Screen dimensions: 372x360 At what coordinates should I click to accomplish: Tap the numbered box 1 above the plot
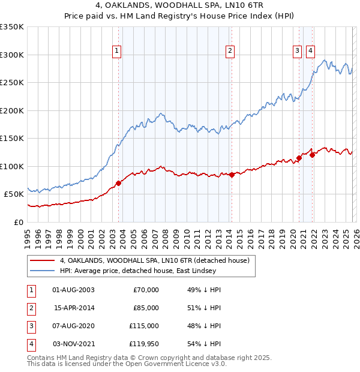[x=116, y=51]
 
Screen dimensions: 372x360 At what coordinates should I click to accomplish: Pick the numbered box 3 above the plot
[x=297, y=51]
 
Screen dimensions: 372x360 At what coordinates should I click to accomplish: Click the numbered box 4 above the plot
[x=310, y=51]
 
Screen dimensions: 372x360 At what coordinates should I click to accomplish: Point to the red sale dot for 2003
[x=118, y=183]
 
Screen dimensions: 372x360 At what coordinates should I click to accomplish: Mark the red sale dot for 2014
[x=232, y=175]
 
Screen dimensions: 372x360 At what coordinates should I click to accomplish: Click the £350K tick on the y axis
[x=12, y=27]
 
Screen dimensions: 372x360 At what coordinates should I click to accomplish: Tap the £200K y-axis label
[x=12, y=110]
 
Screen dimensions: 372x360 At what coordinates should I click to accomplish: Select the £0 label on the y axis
[x=19, y=222]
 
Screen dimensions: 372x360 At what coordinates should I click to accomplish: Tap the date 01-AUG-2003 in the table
[x=73, y=290]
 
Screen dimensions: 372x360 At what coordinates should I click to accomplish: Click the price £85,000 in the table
[x=146, y=308]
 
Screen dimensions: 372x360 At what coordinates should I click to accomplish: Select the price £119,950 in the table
[x=144, y=344]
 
